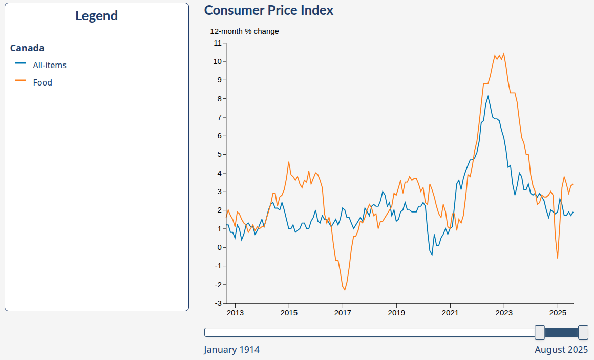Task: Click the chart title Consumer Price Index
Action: [268, 10]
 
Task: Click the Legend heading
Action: [96, 16]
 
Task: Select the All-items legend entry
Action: [49, 65]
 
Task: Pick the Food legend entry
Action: [43, 82]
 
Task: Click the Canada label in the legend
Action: [27, 48]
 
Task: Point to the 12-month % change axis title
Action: [244, 31]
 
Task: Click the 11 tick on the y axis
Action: [218, 43]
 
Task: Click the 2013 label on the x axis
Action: [235, 313]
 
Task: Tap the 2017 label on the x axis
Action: [343, 313]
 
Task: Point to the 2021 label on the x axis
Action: [450, 313]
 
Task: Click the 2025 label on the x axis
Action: [558, 313]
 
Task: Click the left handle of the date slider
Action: [539, 332]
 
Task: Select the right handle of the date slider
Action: [583, 332]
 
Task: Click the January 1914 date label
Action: [231, 350]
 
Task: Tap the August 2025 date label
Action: [561, 350]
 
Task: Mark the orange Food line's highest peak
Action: [504, 53]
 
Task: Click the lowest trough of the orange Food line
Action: [345, 290]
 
